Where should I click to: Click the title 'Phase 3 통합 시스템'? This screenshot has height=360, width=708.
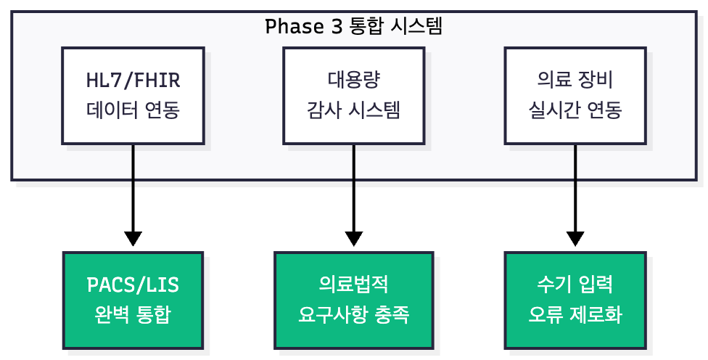354,27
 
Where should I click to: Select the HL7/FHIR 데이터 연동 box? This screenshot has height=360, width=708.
133,95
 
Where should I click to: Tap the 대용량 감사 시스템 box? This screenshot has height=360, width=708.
354,95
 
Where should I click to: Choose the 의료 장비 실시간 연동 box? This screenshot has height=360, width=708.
575,95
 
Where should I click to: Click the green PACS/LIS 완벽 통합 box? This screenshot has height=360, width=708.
133,300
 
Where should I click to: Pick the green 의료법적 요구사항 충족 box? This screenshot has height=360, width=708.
354,300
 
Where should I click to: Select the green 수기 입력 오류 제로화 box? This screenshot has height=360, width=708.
575,300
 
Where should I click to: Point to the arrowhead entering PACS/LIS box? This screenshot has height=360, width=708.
133,239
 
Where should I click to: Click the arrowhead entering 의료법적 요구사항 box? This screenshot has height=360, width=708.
354,239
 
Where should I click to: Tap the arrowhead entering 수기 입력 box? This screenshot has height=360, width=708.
575,239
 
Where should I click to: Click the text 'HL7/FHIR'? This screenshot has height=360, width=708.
133,80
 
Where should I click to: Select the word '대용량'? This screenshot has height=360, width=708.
354,80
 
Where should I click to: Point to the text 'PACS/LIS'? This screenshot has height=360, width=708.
133,285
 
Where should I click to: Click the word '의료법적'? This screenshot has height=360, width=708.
354,285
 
